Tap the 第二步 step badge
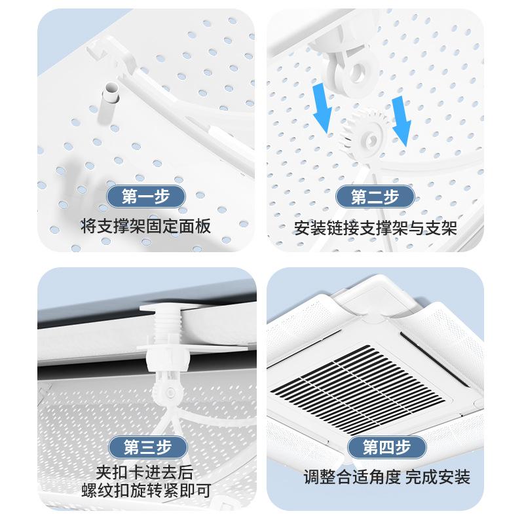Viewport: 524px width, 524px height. (x=375, y=196)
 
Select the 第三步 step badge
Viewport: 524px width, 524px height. (x=148, y=447)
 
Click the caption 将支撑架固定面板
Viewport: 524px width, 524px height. (x=145, y=227)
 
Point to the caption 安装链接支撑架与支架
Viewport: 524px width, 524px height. (x=375, y=227)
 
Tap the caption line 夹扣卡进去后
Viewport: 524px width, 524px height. (x=148, y=472)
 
